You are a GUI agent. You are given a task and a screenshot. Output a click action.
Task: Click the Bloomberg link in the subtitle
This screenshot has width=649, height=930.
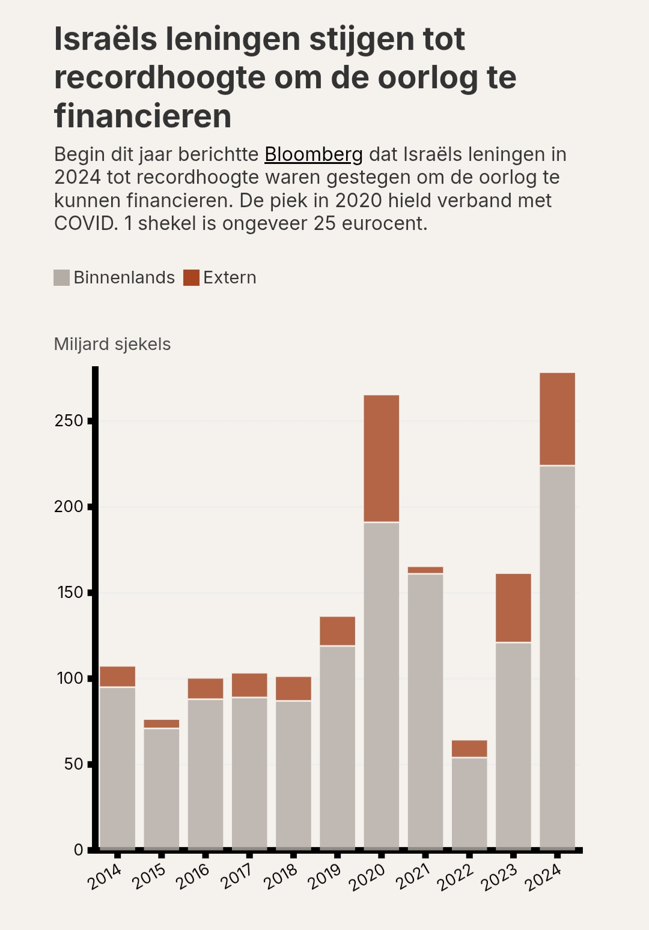313,155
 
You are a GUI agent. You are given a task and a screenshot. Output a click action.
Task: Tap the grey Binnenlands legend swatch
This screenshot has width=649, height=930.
62,277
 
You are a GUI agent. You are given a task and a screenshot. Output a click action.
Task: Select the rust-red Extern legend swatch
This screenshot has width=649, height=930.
191,277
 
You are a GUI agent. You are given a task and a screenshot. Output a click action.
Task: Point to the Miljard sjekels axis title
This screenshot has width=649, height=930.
112,344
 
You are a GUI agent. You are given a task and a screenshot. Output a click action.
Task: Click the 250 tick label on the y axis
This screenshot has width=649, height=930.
69,421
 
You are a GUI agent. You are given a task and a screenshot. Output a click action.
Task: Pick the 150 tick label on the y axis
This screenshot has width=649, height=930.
69,593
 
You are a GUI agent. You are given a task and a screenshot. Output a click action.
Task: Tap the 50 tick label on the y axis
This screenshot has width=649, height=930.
73,764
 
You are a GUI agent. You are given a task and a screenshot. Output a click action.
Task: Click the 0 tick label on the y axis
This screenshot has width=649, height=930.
79,850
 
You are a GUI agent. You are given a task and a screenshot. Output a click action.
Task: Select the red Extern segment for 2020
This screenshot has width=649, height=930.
381,458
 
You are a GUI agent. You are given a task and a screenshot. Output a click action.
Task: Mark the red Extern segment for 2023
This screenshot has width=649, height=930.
513,608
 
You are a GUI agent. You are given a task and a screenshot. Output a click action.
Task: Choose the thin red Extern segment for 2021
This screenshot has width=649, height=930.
425,570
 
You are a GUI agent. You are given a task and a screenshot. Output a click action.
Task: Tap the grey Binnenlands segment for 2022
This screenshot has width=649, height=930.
469,803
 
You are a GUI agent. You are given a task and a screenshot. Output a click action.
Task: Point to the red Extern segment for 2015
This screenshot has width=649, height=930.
161,723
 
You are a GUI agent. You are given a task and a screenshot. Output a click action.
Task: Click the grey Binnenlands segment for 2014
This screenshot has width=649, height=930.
117,767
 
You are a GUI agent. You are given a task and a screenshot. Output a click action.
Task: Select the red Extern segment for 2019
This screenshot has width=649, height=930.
337,631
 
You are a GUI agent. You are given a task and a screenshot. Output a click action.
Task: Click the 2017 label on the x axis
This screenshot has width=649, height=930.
236,877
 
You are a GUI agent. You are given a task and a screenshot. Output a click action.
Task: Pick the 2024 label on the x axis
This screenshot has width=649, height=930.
543,878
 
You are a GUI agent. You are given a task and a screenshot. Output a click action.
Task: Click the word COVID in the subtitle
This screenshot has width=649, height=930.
85,223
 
